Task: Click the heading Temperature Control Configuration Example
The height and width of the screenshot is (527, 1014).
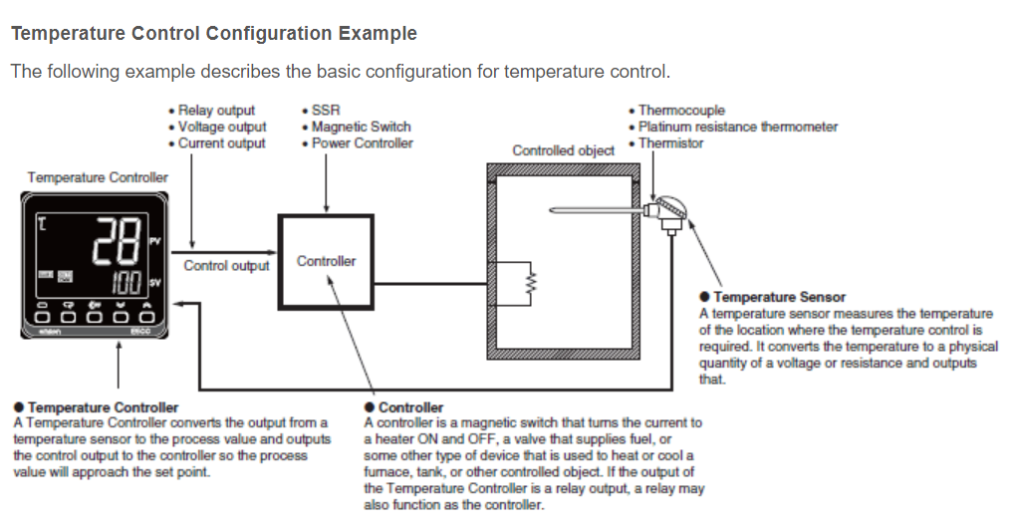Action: (213, 34)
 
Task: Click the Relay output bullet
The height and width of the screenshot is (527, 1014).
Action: (216, 111)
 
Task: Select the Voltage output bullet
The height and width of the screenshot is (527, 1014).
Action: (222, 127)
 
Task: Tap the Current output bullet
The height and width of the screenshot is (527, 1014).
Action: (221, 143)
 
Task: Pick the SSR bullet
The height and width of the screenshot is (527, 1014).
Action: (326, 111)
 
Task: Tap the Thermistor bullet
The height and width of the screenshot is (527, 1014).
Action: (670, 143)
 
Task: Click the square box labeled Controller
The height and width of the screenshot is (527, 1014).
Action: (326, 261)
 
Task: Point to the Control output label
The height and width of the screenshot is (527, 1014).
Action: (226, 266)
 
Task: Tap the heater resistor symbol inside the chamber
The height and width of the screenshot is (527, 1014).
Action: (531, 282)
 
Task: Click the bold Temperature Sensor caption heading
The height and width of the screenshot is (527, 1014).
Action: (779, 297)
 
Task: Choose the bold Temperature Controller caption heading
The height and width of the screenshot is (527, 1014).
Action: (104, 407)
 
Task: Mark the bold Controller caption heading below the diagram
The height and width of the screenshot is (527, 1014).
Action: (410, 407)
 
